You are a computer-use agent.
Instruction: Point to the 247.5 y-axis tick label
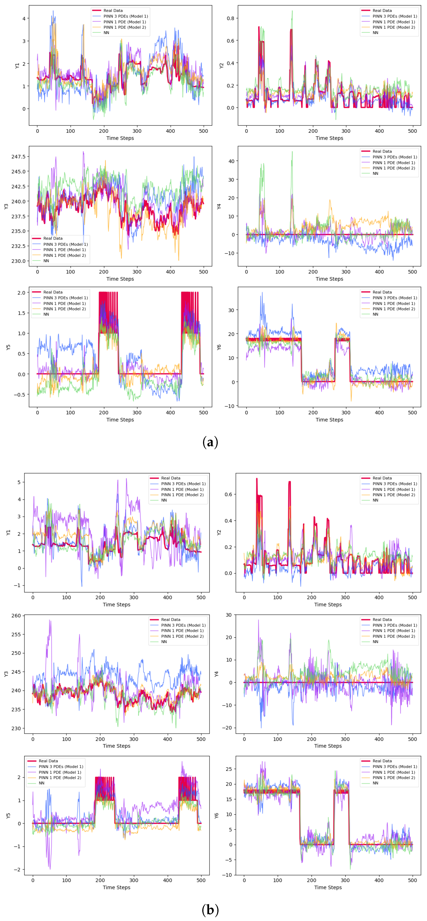(x=18, y=157)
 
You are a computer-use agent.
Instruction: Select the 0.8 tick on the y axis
(x=231, y=18)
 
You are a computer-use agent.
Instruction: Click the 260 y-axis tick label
(x=16, y=616)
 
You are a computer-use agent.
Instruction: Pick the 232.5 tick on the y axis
(x=18, y=246)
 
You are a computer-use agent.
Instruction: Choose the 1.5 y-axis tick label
(x=21, y=313)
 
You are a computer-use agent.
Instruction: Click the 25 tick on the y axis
(x=228, y=769)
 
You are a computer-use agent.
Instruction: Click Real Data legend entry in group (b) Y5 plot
(x=48, y=761)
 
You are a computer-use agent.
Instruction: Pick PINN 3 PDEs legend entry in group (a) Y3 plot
(x=65, y=244)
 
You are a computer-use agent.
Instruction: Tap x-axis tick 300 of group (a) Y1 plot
(x=137, y=131)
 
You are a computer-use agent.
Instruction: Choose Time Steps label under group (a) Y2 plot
(x=329, y=138)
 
